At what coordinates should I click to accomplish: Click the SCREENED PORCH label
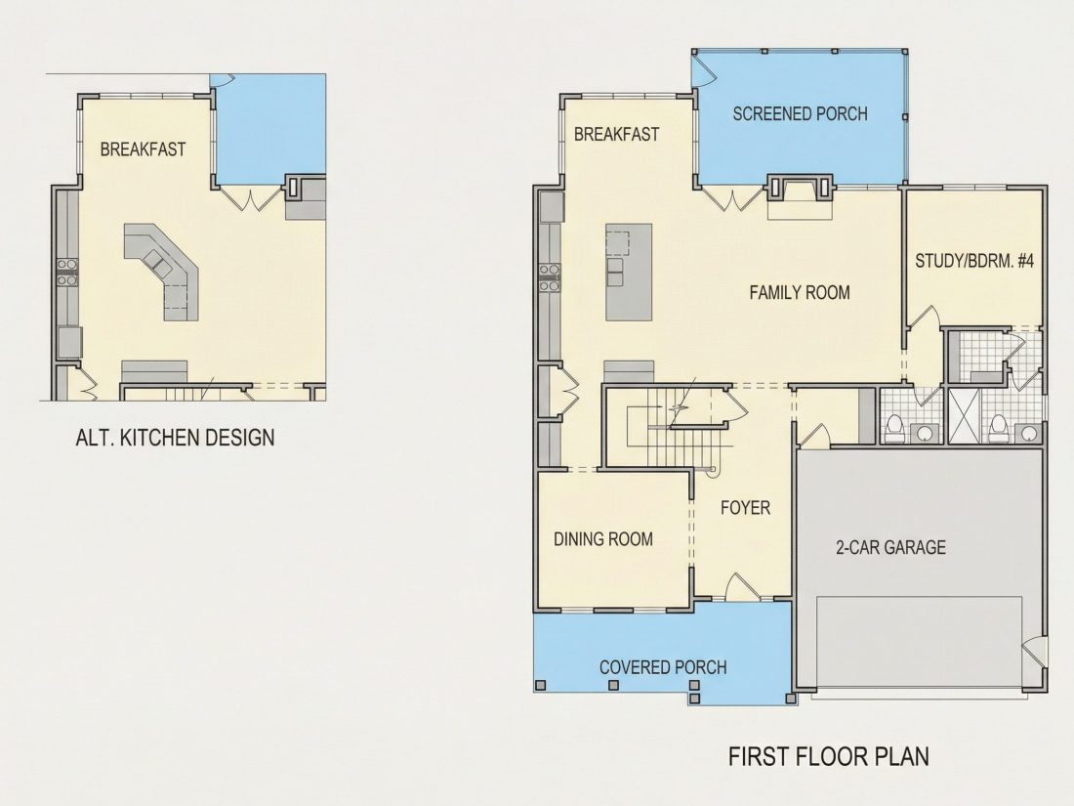800,113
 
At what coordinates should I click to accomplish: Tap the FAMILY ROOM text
800,293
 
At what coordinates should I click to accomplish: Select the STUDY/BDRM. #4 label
974,261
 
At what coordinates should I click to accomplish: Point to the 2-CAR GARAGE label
890,547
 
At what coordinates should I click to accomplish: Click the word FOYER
745,508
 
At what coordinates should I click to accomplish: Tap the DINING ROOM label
602,539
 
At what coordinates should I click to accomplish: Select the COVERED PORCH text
662,667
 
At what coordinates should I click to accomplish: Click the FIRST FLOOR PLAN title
829,756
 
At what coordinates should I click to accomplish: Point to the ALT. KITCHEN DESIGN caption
175,438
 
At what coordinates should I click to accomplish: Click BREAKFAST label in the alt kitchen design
143,149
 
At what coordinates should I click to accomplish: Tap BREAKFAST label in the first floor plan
616,135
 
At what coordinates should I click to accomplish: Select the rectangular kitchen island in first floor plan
628,272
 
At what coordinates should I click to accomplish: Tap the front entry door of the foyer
739,586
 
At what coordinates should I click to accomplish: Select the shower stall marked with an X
963,415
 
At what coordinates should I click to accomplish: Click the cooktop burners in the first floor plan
548,276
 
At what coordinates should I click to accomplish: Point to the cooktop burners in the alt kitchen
67,271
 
